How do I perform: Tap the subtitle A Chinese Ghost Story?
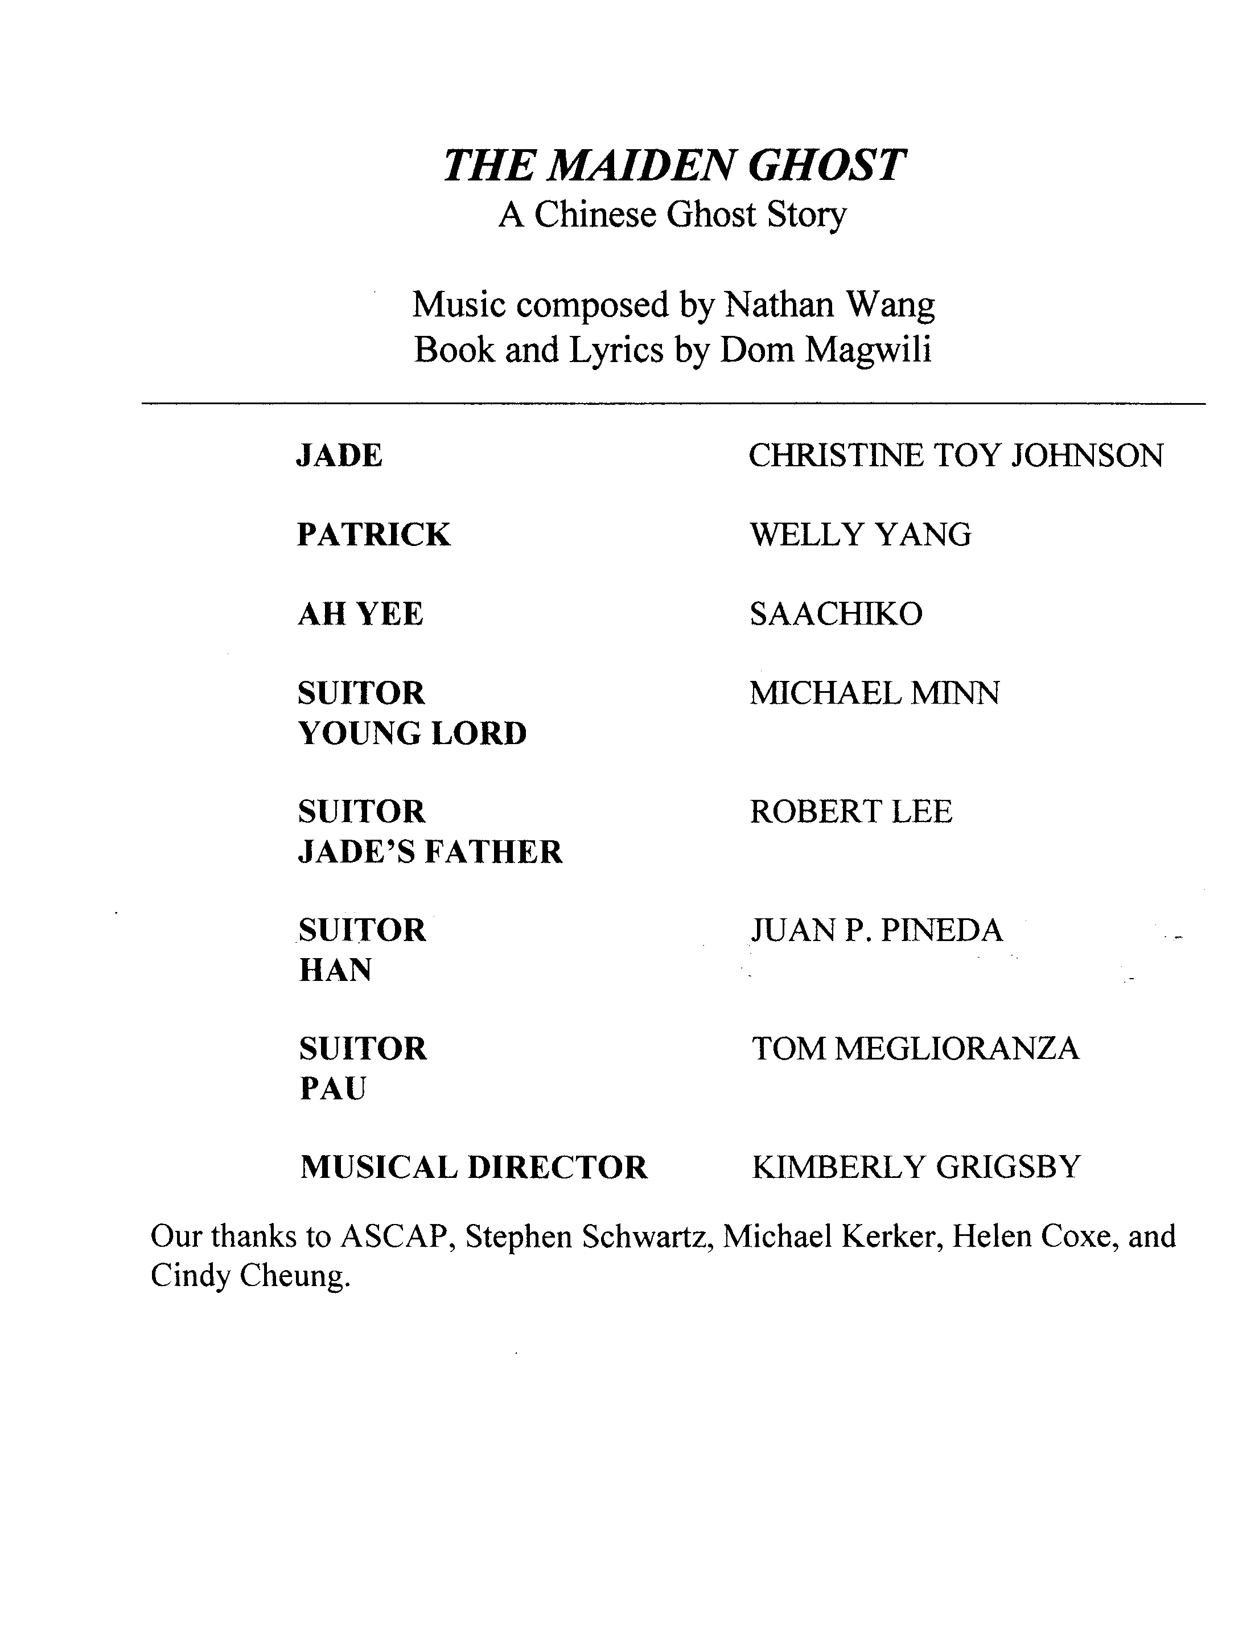[x=672, y=215]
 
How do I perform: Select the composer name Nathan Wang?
[x=830, y=305]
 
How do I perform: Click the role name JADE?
[x=339, y=455]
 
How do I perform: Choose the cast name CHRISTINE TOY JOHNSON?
[x=956, y=455]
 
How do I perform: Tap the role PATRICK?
[x=374, y=535]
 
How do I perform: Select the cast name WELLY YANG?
[x=861, y=535]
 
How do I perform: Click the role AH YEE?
[x=360, y=614]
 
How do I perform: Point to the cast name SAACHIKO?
[x=836, y=614]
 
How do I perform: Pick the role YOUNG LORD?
[x=412, y=734]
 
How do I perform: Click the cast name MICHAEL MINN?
[x=874, y=694]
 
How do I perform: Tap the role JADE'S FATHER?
[x=430, y=852]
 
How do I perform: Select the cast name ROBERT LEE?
[x=850, y=812]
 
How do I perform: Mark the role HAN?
[x=335, y=971]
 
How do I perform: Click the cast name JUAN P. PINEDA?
[x=876, y=931]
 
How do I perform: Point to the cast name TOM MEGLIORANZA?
[x=915, y=1049]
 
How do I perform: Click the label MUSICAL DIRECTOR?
[x=474, y=1168]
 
